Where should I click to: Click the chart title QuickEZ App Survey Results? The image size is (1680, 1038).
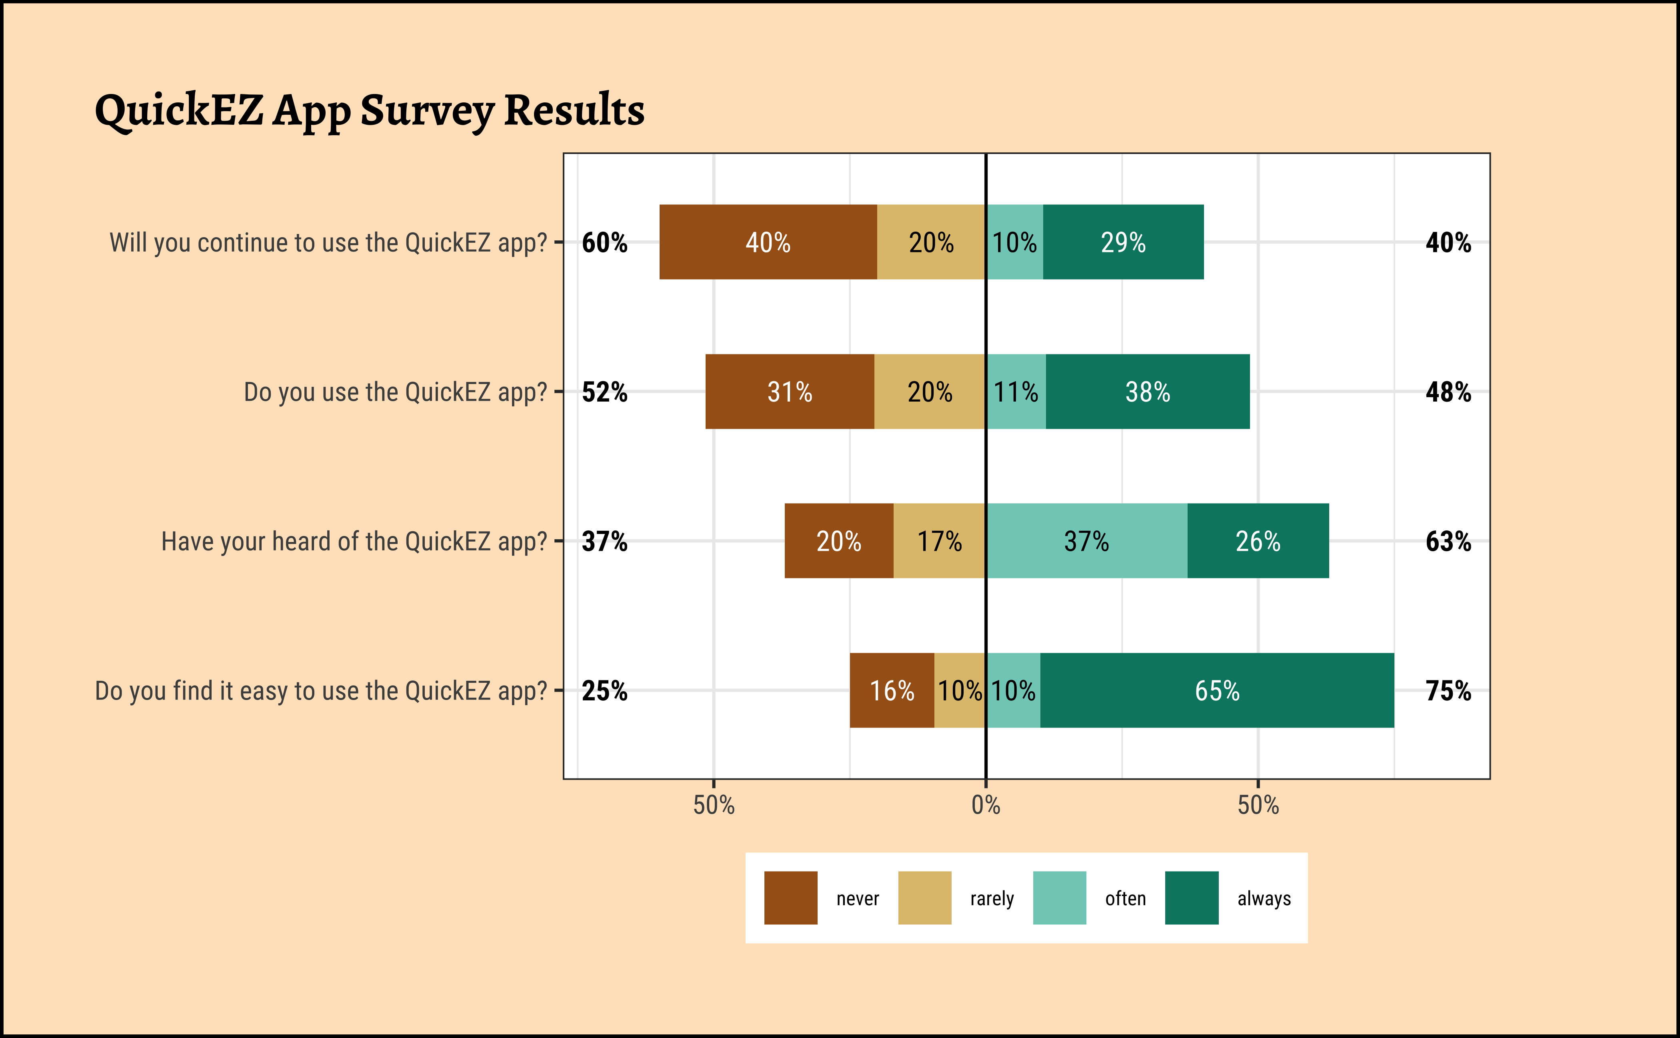(x=369, y=110)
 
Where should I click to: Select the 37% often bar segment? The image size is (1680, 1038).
(x=1087, y=541)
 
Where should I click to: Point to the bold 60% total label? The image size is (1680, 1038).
(x=604, y=242)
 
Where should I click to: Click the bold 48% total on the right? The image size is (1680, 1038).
(x=1448, y=392)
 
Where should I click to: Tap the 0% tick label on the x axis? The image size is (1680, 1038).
(x=986, y=804)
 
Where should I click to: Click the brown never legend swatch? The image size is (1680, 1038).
(x=790, y=898)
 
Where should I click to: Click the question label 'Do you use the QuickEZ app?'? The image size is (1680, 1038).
(x=396, y=392)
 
